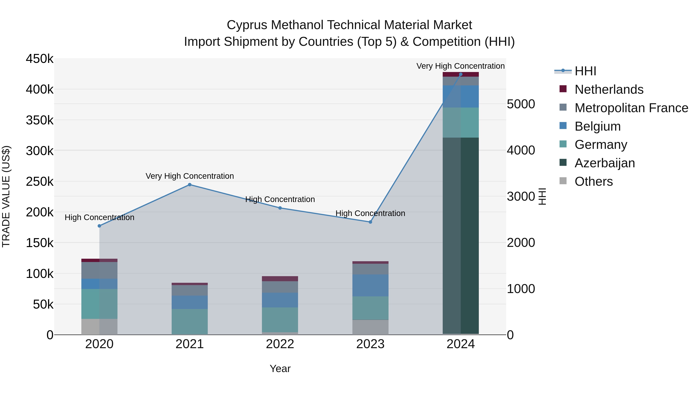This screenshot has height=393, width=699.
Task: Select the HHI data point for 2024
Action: pos(461,74)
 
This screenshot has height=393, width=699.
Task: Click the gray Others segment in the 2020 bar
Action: pos(99,327)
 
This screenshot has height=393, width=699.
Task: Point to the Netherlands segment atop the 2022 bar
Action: pos(280,278)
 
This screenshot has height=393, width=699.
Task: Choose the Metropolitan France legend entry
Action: pos(631,108)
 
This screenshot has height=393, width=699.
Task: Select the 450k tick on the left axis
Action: pos(40,59)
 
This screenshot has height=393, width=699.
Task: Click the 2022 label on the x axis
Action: pos(280,344)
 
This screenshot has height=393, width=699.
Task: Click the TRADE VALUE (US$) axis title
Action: pos(6,196)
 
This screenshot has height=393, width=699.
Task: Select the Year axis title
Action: pos(280,369)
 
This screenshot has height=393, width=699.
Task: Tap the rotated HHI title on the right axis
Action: pos(542,196)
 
